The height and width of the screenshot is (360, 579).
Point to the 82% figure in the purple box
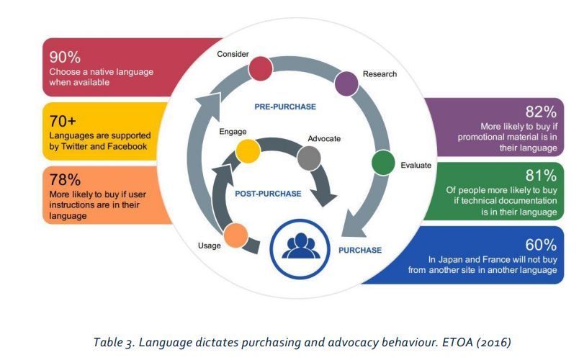(539, 112)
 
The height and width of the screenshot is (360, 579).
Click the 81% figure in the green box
(540, 175)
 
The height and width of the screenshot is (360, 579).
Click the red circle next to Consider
(261, 68)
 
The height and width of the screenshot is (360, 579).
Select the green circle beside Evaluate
(383, 163)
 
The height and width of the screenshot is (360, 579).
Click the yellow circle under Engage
(248, 150)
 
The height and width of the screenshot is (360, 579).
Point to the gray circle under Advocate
(308, 156)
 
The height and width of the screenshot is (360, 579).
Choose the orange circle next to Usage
(235, 235)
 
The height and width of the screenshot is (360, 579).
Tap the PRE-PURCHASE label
(285, 107)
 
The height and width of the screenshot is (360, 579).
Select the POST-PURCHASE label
(268, 194)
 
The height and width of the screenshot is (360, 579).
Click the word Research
(380, 74)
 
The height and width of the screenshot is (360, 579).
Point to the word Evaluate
(416, 165)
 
